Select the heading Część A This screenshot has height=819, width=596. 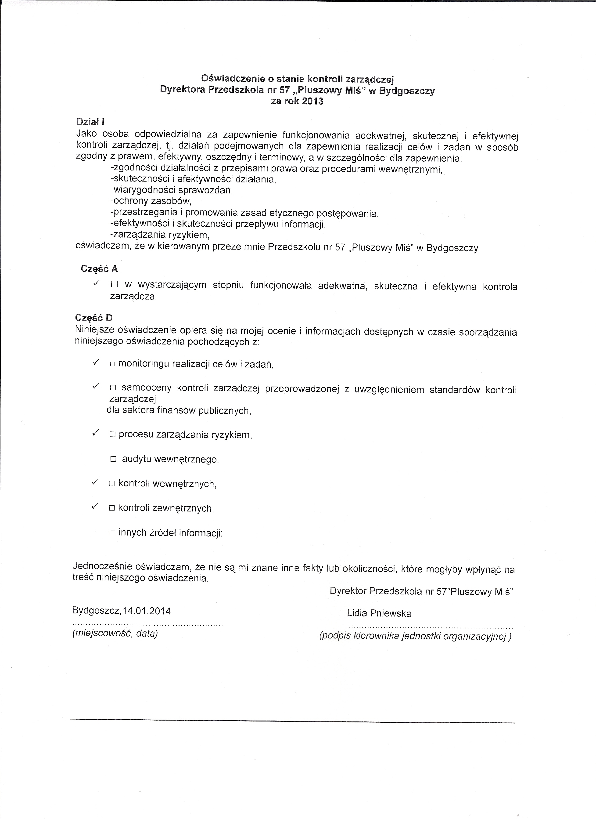click(x=99, y=269)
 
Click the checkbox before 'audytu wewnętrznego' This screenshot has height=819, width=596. click(x=113, y=459)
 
